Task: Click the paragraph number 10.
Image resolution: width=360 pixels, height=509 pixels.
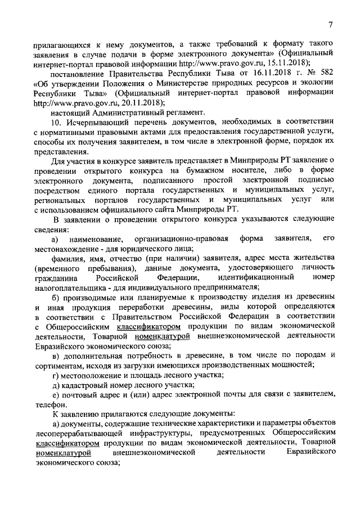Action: point(57,123)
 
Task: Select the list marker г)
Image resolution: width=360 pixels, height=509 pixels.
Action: point(57,375)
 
